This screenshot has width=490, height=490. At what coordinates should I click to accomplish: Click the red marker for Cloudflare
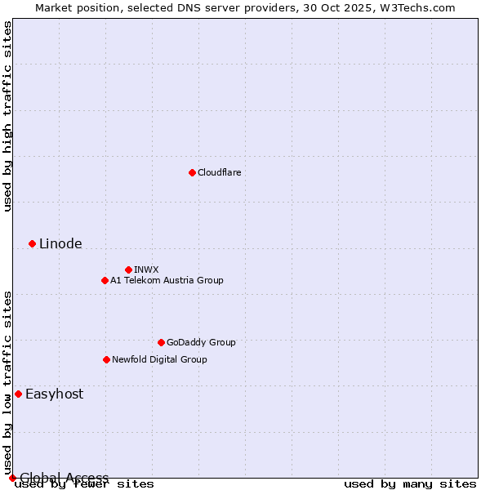[x=192, y=172]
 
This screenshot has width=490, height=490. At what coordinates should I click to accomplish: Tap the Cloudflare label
[x=219, y=172]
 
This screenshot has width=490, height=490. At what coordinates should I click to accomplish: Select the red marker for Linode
[x=32, y=243]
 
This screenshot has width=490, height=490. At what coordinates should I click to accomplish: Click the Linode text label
[x=60, y=243]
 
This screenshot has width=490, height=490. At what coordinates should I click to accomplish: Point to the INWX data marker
[x=128, y=269]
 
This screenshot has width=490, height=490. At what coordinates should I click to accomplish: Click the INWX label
[x=146, y=269]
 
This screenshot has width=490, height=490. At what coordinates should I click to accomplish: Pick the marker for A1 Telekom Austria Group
[x=105, y=280]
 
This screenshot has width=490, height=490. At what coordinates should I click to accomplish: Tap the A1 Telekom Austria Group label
[x=167, y=280]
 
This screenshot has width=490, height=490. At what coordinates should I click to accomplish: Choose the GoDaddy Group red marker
[x=161, y=342]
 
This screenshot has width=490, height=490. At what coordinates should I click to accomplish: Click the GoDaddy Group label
[x=200, y=342]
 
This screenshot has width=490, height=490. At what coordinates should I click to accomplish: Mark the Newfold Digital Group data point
[x=106, y=359]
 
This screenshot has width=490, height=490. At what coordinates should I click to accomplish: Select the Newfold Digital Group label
[x=159, y=359]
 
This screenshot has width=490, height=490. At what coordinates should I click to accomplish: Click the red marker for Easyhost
[x=18, y=394]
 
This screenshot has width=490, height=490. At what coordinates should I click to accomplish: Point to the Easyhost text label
[x=54, y=394]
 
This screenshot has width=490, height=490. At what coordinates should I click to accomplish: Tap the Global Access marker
[x=12, y=478]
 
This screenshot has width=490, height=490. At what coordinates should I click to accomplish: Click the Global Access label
[x=64, y=478]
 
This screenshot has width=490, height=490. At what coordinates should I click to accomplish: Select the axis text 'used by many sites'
[x=410, y=484]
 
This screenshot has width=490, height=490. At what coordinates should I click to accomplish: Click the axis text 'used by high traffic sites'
[x=7, y=116]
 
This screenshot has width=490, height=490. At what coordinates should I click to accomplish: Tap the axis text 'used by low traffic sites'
[x=7, y=382]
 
